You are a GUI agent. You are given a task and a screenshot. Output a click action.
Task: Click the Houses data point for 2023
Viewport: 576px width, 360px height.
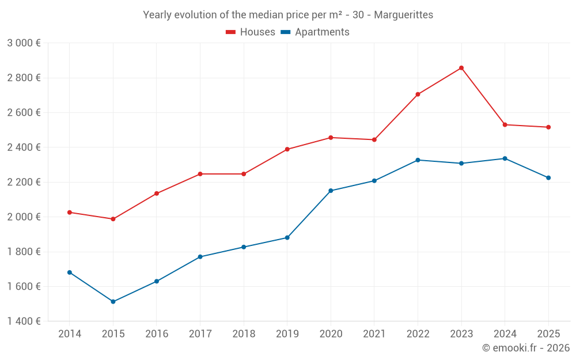[x=461, y=68]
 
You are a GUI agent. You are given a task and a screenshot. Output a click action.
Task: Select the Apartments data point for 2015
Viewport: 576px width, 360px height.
[x=113, y=302]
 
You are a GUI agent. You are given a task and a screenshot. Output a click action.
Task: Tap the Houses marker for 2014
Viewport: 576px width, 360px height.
[x=70, y=213]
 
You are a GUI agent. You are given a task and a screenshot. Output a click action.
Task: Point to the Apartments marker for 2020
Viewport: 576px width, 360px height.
[x=331, y=191]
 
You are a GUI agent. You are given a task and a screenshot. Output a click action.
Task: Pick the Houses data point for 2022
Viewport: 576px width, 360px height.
[x=418, y=94]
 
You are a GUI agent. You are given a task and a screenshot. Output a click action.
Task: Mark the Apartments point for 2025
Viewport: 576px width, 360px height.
[x=548, y=178]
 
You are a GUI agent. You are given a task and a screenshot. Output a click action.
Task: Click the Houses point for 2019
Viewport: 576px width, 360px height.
[x=287, y=150]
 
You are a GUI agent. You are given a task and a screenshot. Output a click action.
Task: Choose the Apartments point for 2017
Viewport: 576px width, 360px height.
[x=200, y=257]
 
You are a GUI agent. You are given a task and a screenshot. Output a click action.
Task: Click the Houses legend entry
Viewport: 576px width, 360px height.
[x=251, y=32]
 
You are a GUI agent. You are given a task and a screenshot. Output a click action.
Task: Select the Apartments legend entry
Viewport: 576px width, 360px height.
[x=315, y=32]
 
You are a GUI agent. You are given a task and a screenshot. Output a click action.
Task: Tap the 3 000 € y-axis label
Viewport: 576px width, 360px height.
[x=24, y=43]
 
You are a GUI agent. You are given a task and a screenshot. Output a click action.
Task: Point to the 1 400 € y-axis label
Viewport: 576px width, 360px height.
[x=24, y=321]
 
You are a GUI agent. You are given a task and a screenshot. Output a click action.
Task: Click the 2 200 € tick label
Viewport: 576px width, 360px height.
[x=24, y=182]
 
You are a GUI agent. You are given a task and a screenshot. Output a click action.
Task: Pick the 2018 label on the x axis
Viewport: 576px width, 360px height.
[x=244, y=334]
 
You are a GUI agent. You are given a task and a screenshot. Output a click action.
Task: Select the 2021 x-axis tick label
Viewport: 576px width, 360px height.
[x=374, y=334]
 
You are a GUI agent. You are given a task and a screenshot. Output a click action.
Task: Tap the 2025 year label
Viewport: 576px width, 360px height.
[x=548, y=334]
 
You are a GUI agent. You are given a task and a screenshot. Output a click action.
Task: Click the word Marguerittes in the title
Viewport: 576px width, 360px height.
[x=404, y=15]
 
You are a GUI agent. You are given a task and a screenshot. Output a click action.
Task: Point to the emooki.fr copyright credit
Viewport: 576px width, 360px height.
[x=526, y=348]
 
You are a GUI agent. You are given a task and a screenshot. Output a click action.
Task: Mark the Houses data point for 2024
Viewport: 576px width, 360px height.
[x=505, y=125]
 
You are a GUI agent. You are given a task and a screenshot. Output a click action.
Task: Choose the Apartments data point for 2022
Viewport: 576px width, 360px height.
[x=418, y=160]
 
